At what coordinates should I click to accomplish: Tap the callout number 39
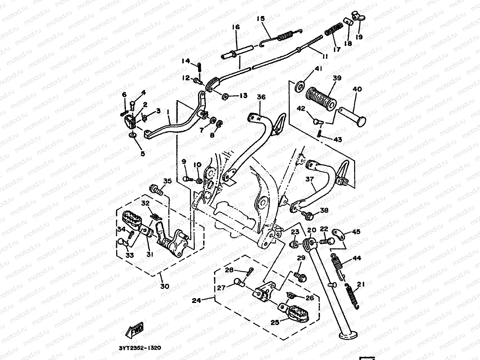336,78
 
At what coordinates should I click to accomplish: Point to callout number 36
261,97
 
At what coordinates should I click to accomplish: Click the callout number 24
197,300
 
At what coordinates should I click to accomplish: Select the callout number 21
361,285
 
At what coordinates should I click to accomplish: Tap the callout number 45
356,232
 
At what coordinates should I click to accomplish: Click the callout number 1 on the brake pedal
168,112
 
